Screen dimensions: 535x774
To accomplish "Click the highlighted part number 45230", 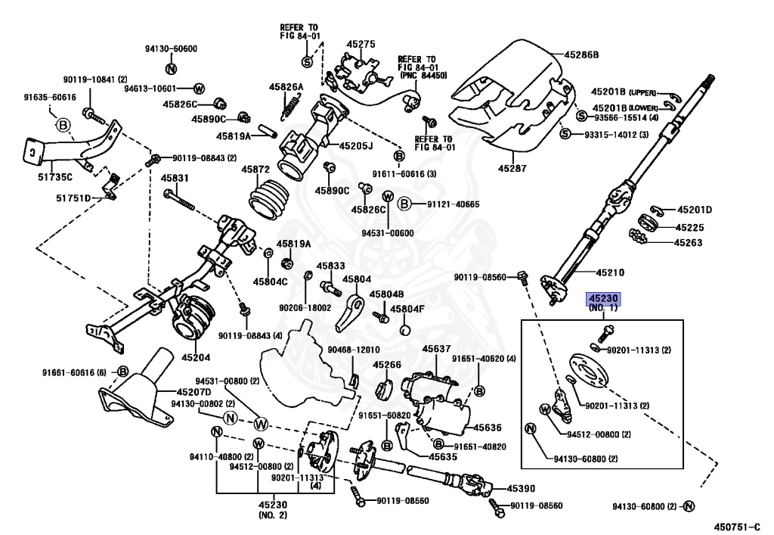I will pyautogui.click(x=603, y=300).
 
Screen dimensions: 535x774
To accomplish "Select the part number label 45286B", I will pyautogui.click(x=581, y=54).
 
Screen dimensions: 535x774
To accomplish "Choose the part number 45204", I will pyautogui.click(x=195, y=356).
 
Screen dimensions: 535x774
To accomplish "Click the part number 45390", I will pyautogui.click(x=521, y=490).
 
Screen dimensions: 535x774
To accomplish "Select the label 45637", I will pyautogui.click(x=437, y=349).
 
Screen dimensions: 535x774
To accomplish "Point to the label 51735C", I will pyautogui.click(x=57, y=177).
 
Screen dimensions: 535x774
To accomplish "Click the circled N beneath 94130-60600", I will pyautogui.click(x=170, y=70).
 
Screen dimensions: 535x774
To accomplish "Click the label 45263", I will pyautogui.click(x=688, y=243).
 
